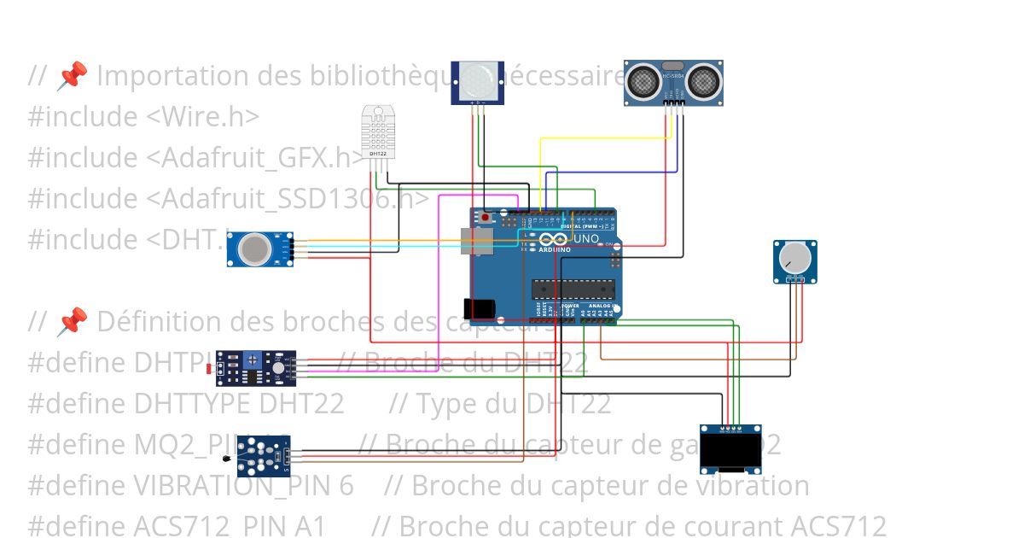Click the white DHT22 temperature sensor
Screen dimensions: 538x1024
click(378, 131)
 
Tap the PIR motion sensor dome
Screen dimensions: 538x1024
click(477, 80)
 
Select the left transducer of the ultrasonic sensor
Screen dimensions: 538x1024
click(643, 81)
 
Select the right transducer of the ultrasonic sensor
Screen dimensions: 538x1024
click(705, 81)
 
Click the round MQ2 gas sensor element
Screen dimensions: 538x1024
click(253, 249)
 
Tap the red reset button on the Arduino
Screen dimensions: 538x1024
click(486, 217)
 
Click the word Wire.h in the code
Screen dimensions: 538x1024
click(204, 116)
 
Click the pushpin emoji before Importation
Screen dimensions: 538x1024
click(72, 76)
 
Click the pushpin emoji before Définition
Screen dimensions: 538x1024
click(72, 322)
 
